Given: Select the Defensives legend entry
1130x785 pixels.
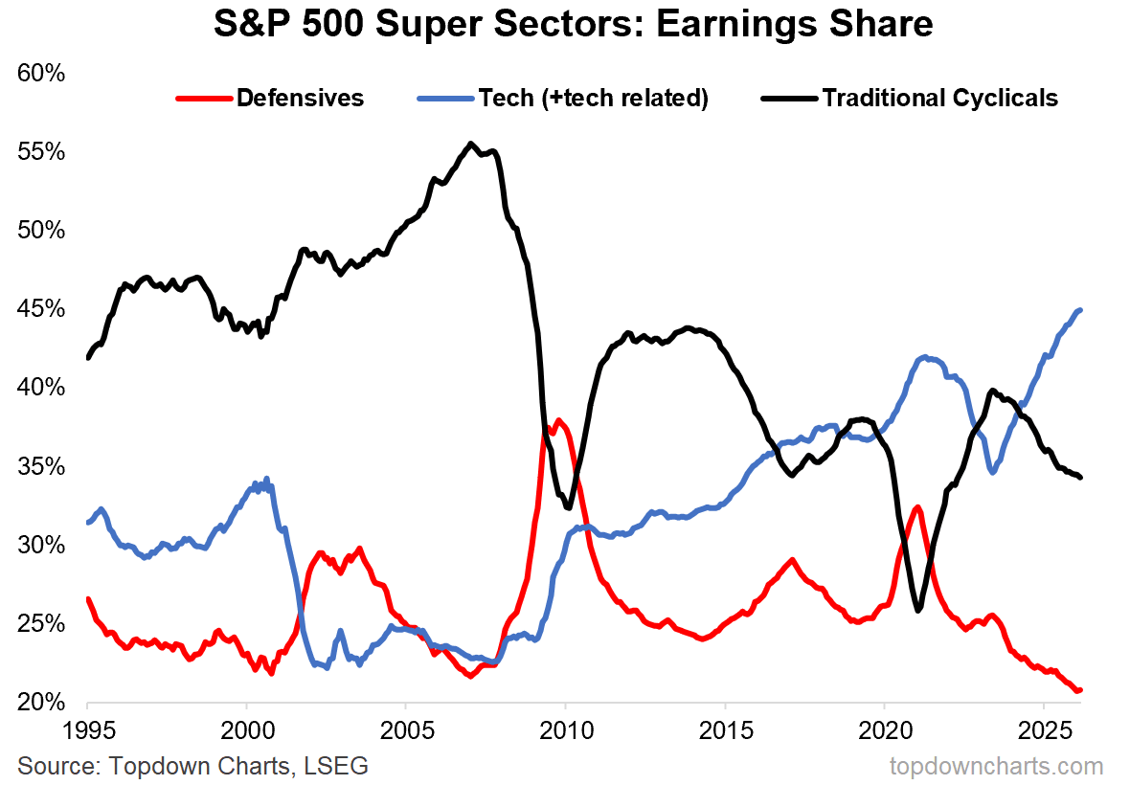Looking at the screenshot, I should [x=300, y=98].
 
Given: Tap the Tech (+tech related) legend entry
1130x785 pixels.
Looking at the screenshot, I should [x=593, y=98].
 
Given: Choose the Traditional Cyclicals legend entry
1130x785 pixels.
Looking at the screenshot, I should [x=939, y=98].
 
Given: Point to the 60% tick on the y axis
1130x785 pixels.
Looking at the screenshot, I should [x=41, y=74].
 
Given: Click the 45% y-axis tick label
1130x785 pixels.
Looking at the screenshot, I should [x=41, y=310].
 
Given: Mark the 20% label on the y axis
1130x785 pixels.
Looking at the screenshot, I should [x=41, y=703].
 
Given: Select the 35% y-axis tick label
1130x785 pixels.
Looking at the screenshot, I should [x=41, y=467].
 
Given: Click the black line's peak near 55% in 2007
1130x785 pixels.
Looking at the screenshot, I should [x=470, y=144].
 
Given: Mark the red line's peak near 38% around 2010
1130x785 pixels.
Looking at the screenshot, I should [x=558, y=419].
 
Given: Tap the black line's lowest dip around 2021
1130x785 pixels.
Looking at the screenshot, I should [x=917, y=610].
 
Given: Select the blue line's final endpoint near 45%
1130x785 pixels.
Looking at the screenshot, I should [x=1080, y=309].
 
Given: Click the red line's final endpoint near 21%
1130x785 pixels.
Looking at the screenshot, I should [x=1079, y=690].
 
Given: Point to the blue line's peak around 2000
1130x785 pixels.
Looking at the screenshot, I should [x=265, y=479].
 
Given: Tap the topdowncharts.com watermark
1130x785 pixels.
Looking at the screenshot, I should [x=996, y=766].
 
